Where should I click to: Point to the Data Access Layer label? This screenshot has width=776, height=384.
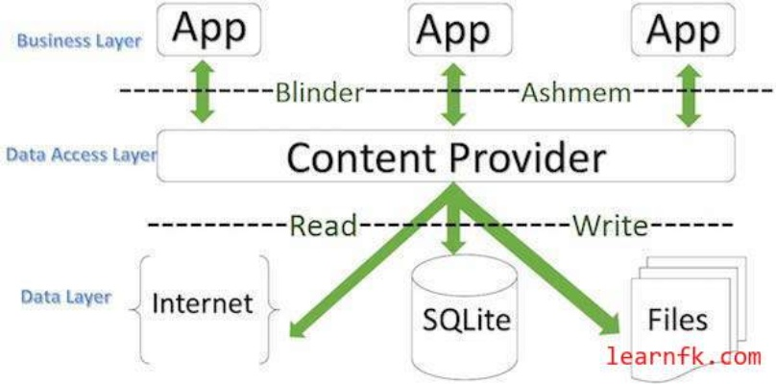pyautogui.click(x=80, y=154)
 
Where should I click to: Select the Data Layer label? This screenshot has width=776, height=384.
pyautogui.click(x=65, y=298)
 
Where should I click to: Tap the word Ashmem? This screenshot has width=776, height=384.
pyautogui.click(x=574, y=93)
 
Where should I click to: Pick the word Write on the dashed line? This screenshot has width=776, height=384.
pyautogui.click(x=610, y=227)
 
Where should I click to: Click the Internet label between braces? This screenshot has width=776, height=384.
pyautogui.click(x=203, y=304)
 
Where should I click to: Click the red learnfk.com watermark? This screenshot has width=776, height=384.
pyautogui.click(x=684, y=358)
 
